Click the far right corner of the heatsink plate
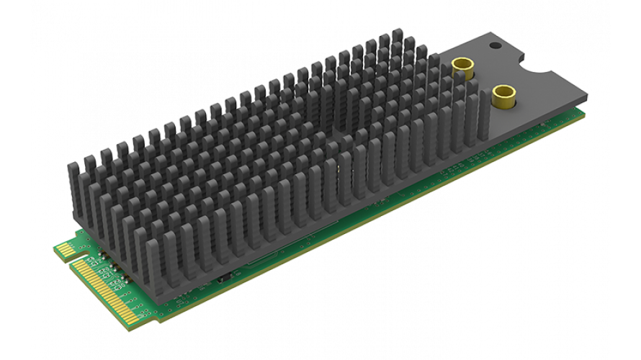[587, 96]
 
